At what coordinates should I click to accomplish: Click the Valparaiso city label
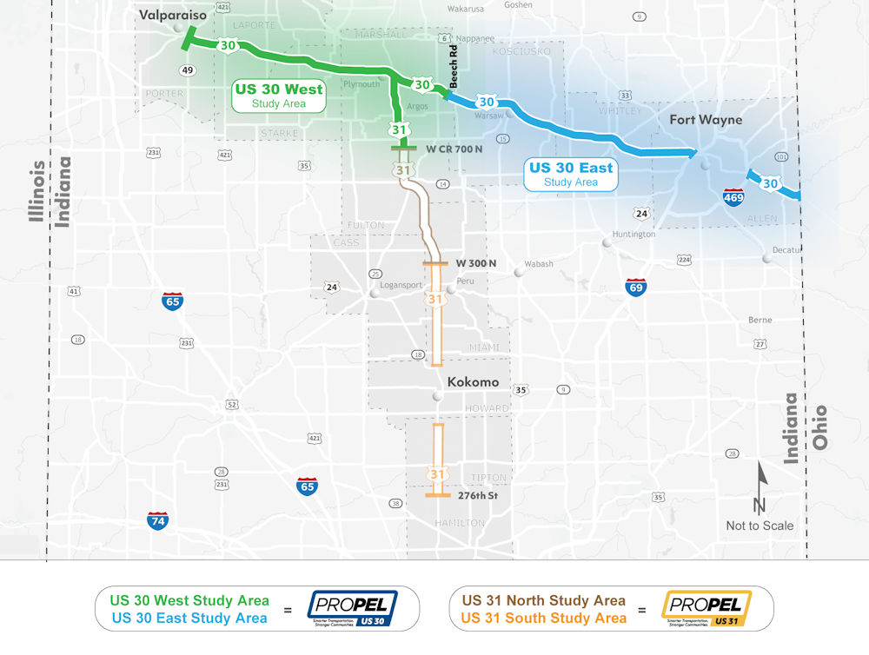click(x=174, y=15)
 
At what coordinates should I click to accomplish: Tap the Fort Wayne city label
click(x=706, y=119)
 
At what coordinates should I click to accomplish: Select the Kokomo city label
click(x=473, y=382)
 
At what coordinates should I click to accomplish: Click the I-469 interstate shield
click(x=733, y=197)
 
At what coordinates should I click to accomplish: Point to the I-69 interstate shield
click(x=635, y=288)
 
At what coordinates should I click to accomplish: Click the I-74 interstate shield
click(x=157, y=520)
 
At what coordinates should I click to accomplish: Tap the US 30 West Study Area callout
click(x=278, y=96)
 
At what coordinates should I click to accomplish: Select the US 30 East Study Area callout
click(x=570, y=175)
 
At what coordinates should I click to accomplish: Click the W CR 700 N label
click(x=454, y=149)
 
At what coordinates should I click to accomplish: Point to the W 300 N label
click(x=476, y=263)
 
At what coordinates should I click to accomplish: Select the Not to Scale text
click(x=760, y=526)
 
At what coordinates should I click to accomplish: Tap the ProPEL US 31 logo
click(x=705, y=608)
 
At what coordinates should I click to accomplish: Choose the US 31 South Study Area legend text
click(x=543, y=619)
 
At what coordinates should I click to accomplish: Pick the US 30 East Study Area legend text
click(x=189, y=619)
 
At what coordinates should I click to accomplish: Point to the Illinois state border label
click(x=37, y=191)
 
